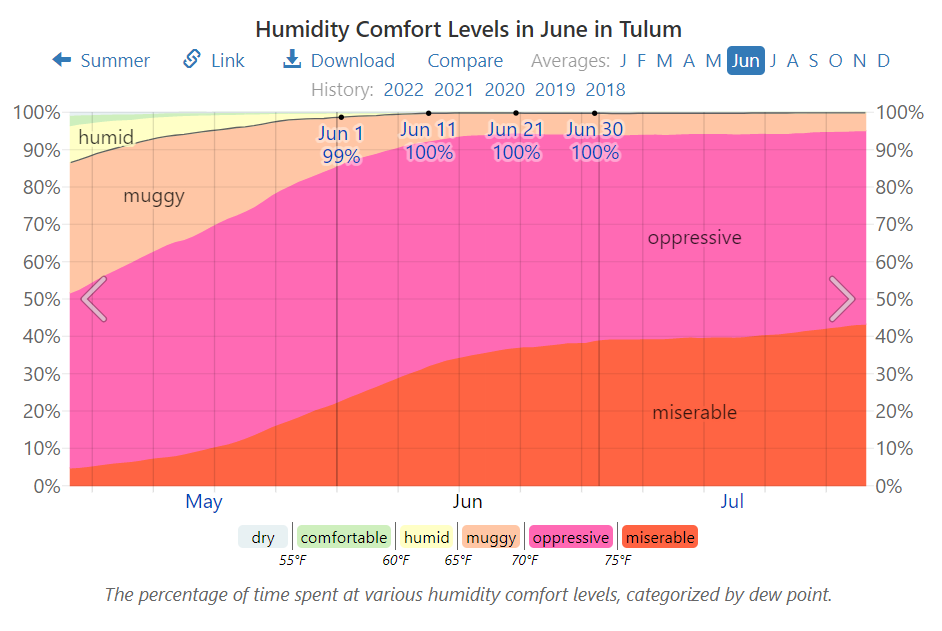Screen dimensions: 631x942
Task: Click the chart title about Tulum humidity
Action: tap(469, 29)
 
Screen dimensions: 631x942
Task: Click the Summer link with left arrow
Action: tap(101, 61)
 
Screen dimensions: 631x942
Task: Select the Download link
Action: tap(339, 61)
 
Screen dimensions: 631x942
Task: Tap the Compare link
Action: tap(465, 61)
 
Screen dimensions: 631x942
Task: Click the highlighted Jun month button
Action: tap(745, 61)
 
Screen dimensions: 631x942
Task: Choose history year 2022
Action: tap(404, 90)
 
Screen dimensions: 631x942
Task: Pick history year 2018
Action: tap(605, 90)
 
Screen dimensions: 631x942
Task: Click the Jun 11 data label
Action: tap(428, 140)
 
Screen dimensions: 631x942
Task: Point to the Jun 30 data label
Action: tap(594, 140)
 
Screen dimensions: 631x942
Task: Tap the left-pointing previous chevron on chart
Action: tap(93, 299)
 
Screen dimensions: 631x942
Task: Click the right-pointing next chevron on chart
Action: tap(842, 299)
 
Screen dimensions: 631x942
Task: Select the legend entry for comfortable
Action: tap(344, 538)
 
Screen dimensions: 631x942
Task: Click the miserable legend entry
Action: tap(659, 538)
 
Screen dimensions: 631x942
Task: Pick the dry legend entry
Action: tap(263, 538)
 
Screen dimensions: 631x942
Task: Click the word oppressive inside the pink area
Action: tap(694, 238)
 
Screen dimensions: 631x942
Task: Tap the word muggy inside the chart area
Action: tap(154, 196)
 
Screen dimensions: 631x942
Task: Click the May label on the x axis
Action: tap(203, 502)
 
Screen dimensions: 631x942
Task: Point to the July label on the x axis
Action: tap(732, 502)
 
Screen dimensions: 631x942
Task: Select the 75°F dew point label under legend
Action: tap(617, 561)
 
